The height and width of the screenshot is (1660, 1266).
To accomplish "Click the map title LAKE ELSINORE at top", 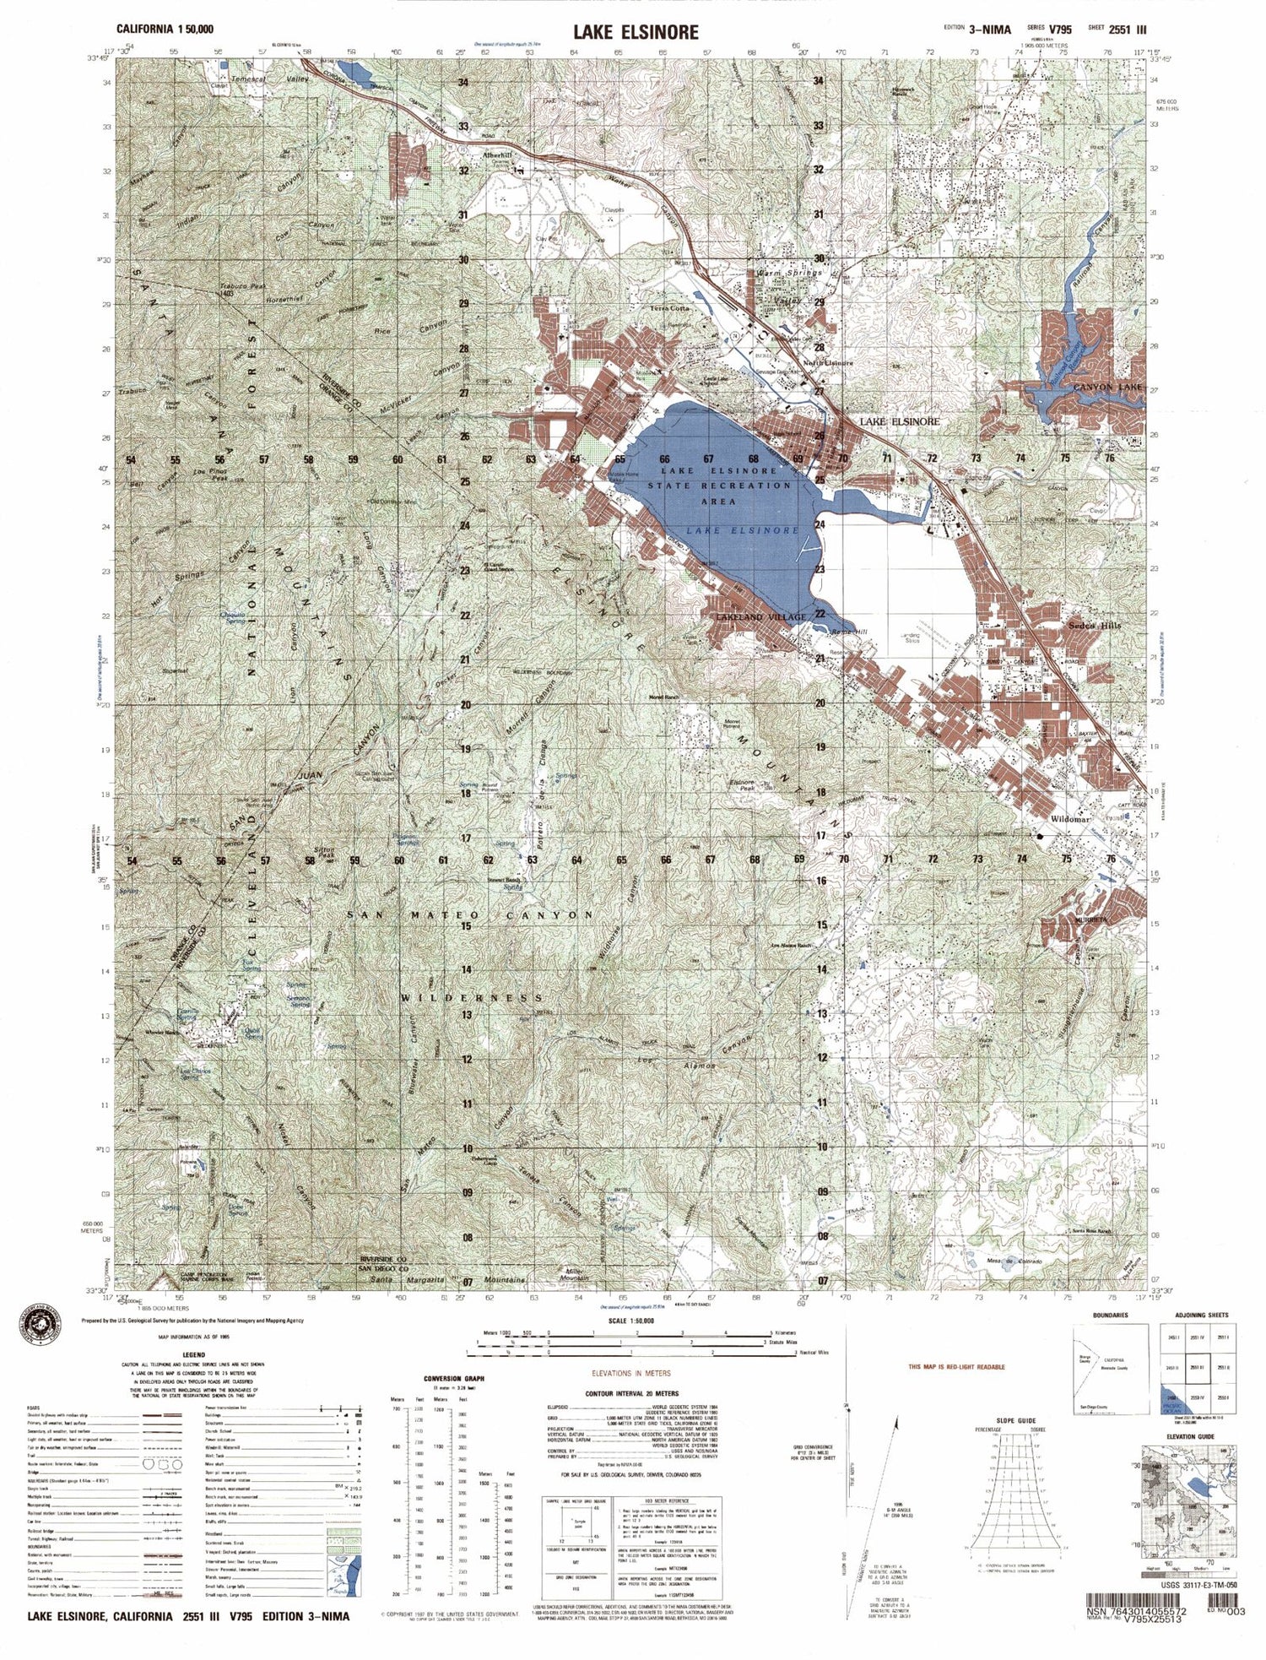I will click(x=636, y=32).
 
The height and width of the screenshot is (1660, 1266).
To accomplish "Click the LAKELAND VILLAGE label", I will click(x=760, y=617).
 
